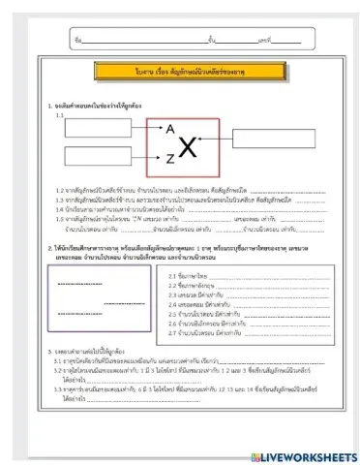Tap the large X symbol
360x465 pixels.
click(189, 147)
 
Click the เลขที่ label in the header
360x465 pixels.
click(265, 41)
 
